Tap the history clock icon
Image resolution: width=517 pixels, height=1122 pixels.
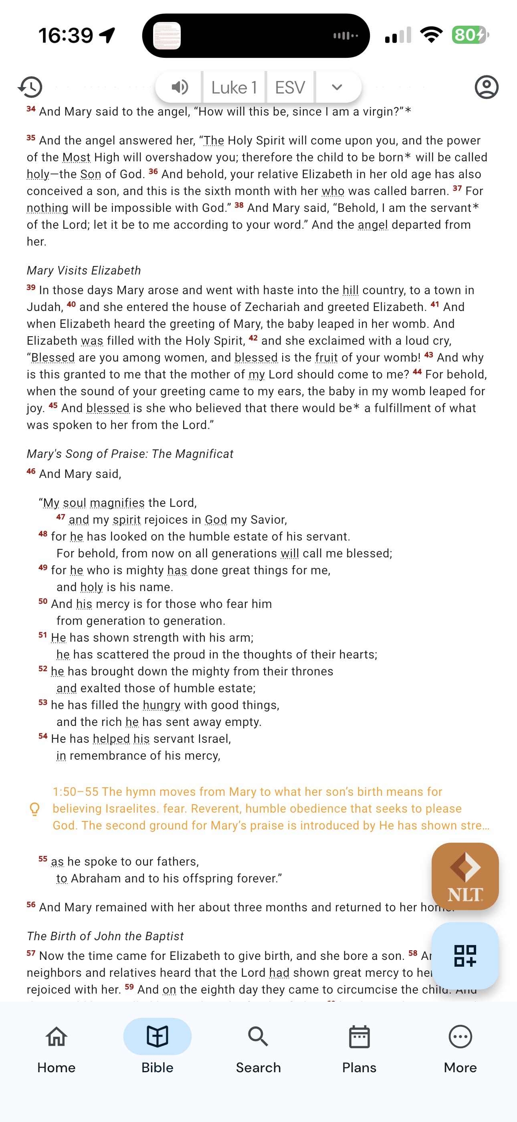30,87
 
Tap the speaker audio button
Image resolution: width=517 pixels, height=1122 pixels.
179,87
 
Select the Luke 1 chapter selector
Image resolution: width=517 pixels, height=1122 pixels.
234,87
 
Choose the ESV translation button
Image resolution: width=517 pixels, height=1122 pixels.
290,87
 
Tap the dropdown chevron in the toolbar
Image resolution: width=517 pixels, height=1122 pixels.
337,87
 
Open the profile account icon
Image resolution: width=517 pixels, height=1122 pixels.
486,87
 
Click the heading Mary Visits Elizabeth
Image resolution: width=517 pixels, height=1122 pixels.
83,270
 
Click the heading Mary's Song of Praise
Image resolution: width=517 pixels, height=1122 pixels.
130,454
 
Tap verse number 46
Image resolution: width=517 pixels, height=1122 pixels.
31,472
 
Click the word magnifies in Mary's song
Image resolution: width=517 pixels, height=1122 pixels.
117,503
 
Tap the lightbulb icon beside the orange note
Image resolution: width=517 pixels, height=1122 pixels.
34,809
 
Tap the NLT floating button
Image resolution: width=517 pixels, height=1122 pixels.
465,876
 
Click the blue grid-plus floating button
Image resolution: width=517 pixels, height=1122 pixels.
465,955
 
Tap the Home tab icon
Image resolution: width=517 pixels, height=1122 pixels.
57,1036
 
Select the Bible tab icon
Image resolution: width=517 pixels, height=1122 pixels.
157,1036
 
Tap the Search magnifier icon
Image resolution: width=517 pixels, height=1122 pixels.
258,1036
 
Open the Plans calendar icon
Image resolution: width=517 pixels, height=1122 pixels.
359,1036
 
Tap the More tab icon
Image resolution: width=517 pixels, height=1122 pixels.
460,1036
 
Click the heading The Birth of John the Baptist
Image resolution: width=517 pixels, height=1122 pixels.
105,936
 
